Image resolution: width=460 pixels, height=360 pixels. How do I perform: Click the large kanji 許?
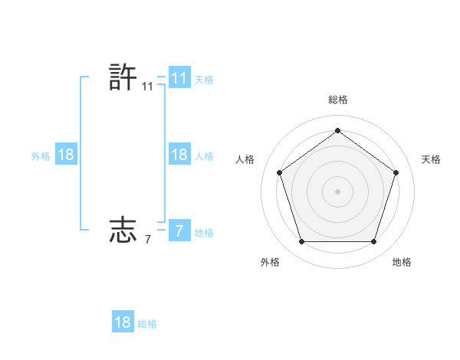click(x=123, y=78)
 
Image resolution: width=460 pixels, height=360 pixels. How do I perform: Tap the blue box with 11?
click(x=179, y=78)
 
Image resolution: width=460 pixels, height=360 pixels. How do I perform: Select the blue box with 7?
click(x=179, y=231)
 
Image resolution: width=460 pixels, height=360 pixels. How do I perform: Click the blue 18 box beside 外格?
click(x=66, y=155)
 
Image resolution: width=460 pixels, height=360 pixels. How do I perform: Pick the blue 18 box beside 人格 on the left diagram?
click(x=179, y=155)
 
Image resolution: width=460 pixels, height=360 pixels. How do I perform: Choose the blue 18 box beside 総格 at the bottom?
click(x=123, y=322)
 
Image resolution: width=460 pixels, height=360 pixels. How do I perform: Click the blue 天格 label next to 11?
click(x=204, y=79)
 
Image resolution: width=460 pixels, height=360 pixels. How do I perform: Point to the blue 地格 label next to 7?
click(x=204, y=232)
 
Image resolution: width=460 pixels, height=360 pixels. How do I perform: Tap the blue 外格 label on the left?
click(x=41, y=155)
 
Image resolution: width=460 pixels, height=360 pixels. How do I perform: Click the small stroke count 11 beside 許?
click(x=148, y=87)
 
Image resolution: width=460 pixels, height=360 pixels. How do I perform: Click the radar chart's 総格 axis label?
click(x=337, y=100)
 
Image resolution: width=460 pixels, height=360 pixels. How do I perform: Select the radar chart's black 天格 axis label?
click(x=431, y=159)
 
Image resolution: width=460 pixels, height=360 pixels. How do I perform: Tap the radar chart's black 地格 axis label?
click(x=402, y=262)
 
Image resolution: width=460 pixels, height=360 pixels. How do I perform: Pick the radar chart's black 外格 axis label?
click(x=270, y=262)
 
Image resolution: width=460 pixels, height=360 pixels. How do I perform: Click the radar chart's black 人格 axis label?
click(x=245, y=159)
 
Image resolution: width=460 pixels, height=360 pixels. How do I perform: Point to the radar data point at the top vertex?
click(x=337, y=131)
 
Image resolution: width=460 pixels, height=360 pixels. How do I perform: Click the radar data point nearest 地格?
click(x=373, y=242)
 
